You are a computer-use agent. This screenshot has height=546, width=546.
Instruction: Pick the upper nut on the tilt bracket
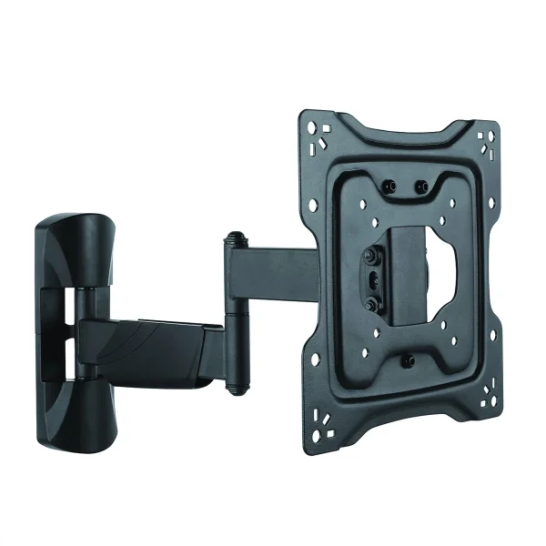pos(373,258)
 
